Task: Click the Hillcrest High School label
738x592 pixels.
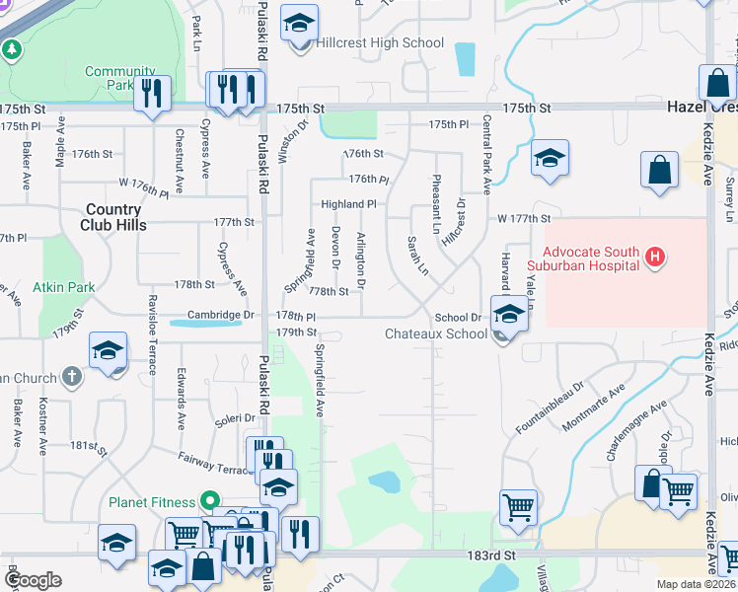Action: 380,43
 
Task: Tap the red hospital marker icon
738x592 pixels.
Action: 652,259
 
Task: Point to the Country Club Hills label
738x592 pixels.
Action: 113,217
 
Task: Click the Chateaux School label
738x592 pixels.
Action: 435,333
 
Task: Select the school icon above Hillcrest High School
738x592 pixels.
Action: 299,24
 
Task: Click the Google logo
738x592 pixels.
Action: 33,580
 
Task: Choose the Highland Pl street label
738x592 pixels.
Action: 348,203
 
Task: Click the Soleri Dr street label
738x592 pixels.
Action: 236,419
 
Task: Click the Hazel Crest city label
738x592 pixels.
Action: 701,107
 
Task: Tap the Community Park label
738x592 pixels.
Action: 120,78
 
